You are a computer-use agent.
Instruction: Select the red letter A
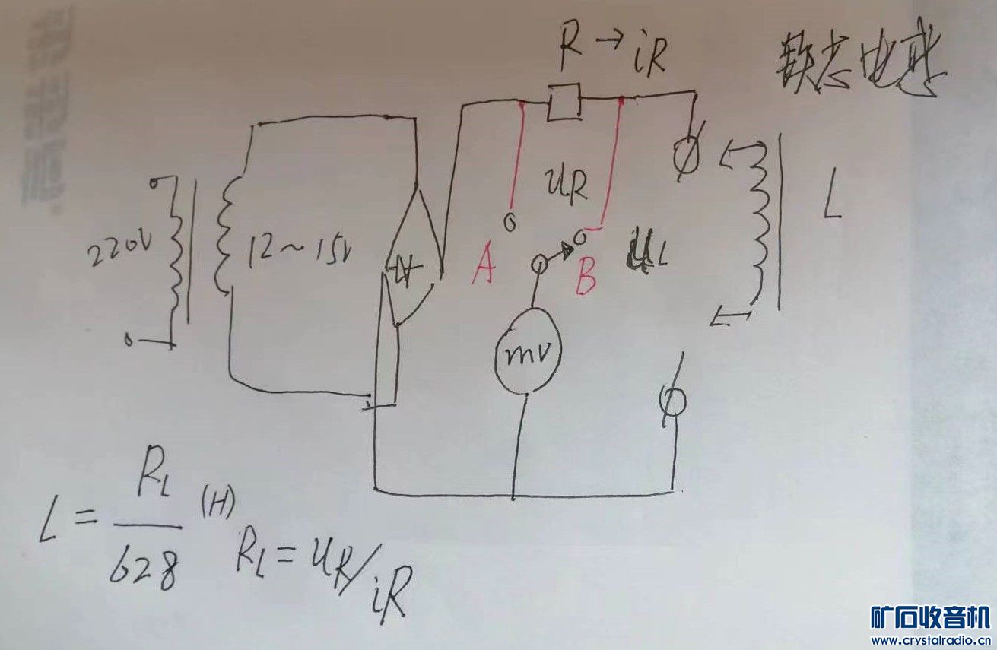click(x=484, y=268)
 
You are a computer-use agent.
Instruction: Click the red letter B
click(x=586, y=277)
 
